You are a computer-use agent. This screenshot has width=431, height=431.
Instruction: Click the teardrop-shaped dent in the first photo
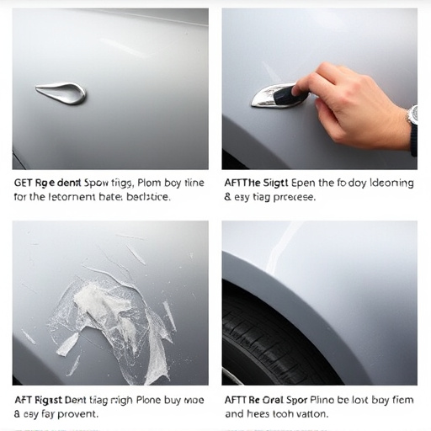(x=61, y=93)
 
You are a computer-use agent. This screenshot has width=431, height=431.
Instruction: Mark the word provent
(x=75, y=414)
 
